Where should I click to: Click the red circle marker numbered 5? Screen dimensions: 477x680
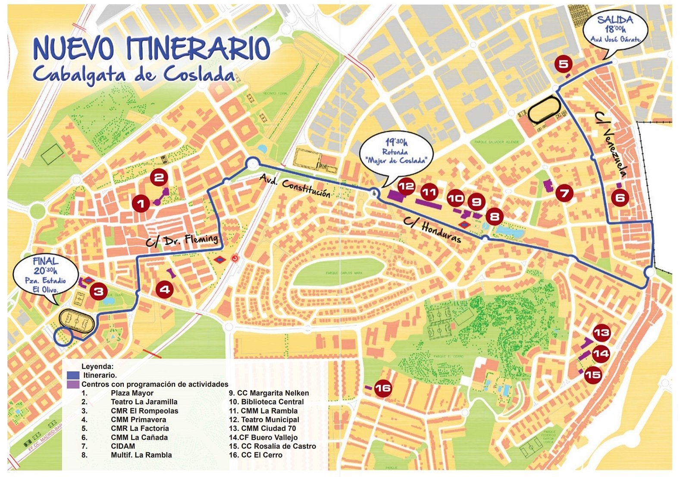coord(564,64)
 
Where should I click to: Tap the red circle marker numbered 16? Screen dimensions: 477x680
coord(382,388)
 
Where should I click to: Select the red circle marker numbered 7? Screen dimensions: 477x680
coord(565,193)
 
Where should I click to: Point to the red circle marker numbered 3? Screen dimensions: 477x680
coord(99,291)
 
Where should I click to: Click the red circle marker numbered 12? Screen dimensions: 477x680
coord(406,186)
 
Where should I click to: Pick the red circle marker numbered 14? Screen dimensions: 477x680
coord(601,354)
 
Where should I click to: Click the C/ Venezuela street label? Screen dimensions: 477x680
coord(611,145)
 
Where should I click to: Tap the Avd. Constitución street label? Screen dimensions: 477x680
coord(295,186)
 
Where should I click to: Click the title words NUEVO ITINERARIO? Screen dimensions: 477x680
coord(151,48)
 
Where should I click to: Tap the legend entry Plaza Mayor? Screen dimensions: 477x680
coord(132,393)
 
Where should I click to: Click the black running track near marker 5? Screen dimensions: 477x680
coord(544,110)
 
